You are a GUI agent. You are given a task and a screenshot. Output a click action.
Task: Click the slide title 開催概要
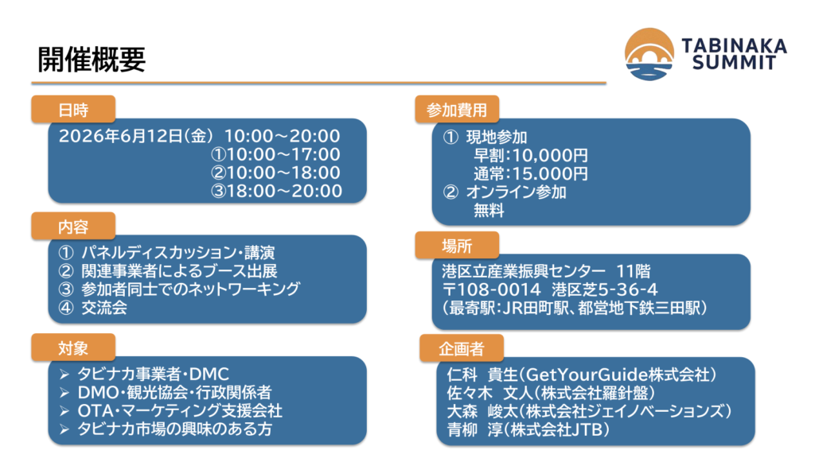pos(92,59)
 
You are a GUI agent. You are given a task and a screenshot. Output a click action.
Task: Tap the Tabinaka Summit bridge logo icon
pos(649,54)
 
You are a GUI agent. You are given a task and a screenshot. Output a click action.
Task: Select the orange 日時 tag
pos(73,110)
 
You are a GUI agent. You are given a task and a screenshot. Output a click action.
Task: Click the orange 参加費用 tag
pos(457,110)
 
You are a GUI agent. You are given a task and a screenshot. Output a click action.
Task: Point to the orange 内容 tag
pos(73,227)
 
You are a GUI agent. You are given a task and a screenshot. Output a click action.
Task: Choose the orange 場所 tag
pos(457,245)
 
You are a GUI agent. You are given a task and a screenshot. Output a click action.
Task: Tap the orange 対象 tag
pos(73,347)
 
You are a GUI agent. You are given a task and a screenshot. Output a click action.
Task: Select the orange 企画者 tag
pos(462,348)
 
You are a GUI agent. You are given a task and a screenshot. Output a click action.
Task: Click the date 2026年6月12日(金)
pos(136,136)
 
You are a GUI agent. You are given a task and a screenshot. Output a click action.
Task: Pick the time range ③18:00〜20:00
pos(276,191)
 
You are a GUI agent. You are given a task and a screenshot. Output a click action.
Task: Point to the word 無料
pos(489,210)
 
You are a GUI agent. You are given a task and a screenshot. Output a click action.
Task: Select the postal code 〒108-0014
pos(492,289)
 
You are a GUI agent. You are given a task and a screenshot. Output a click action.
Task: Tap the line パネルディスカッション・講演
pos(177,253)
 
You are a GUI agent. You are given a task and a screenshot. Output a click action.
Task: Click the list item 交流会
pos(104,308)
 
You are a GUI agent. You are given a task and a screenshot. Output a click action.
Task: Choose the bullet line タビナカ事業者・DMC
pos(154,374)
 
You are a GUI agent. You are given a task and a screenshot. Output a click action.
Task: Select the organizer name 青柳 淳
pos(473,430)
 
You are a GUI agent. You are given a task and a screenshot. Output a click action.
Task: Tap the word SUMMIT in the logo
pos(734,63)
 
